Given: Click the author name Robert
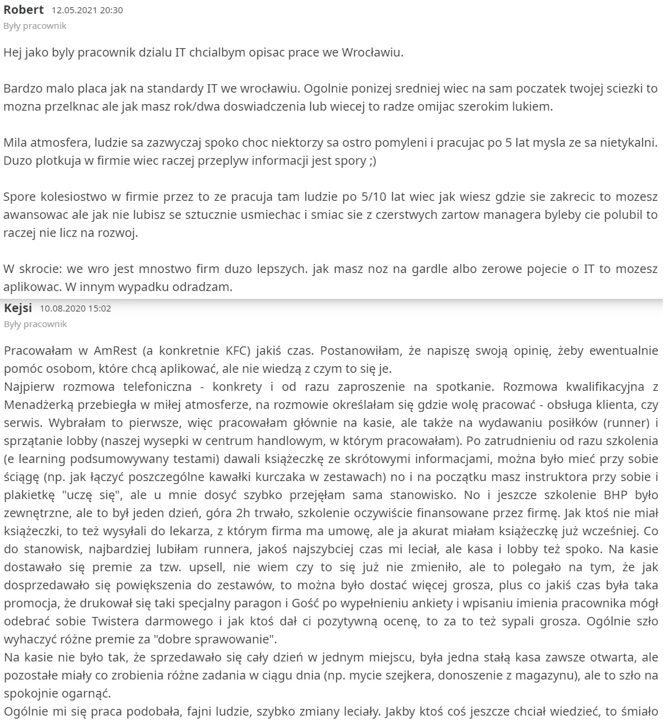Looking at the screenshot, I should click(23, 10).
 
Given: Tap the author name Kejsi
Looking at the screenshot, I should click(17, 308).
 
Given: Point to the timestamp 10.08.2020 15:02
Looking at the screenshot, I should click(75, 309).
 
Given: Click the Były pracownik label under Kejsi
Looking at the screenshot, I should click(35, 324).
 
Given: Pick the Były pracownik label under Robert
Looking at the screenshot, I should click(35, 26).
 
